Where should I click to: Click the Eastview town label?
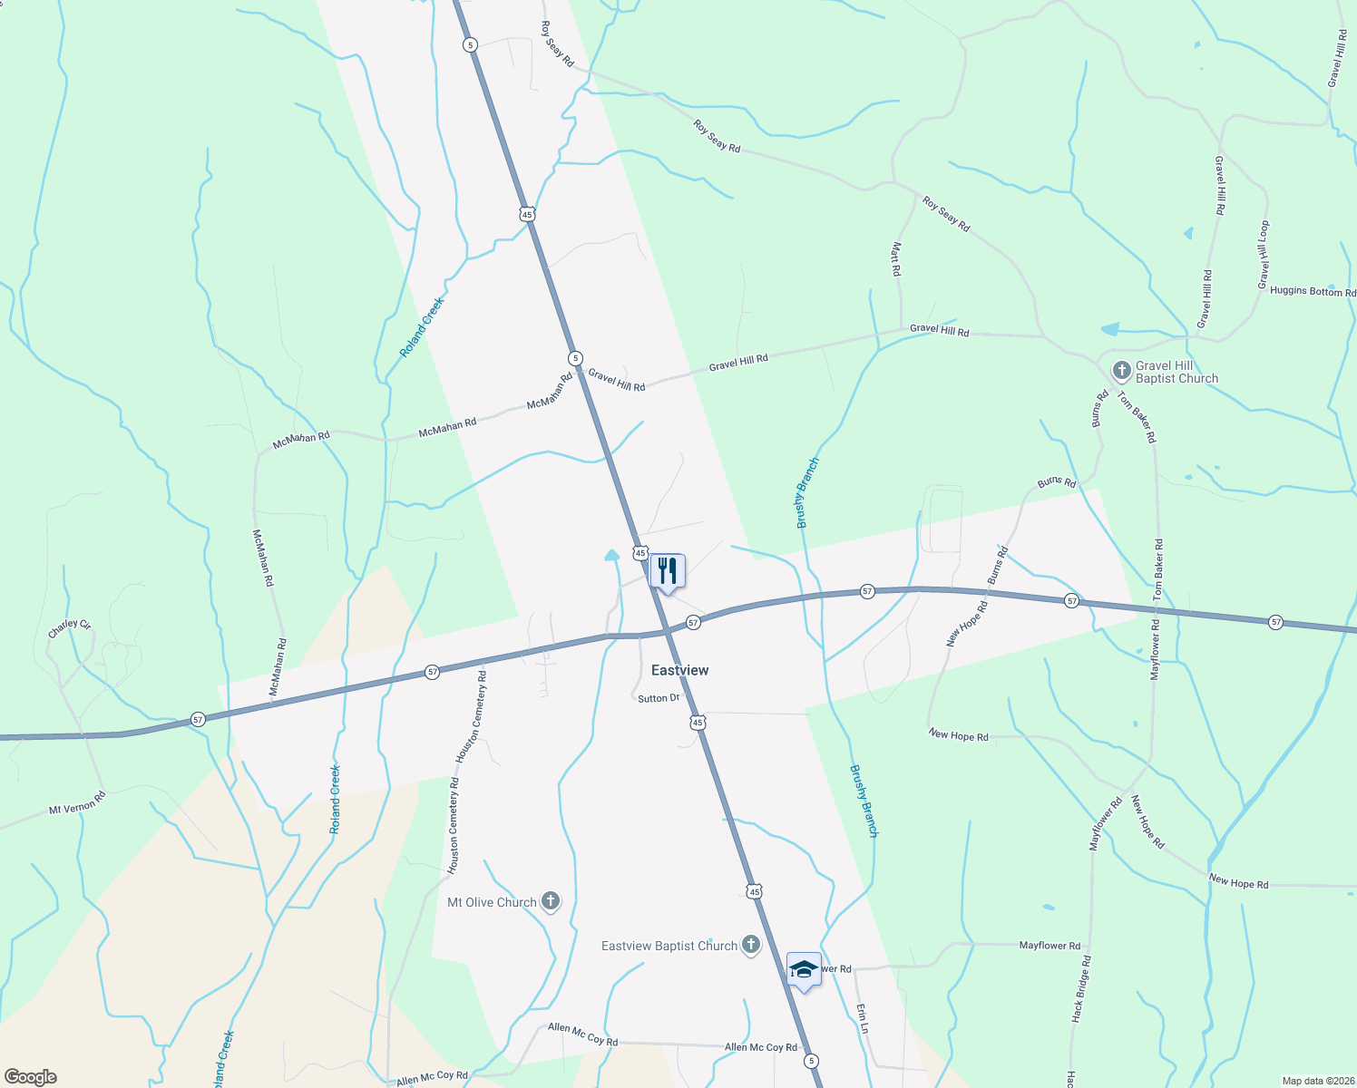coord(679,670)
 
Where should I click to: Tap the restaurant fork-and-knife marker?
coord(667,571)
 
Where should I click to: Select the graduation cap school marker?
coord(804,969)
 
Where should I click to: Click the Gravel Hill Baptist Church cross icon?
coord(1122,370)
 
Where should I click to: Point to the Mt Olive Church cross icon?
coord(550,901)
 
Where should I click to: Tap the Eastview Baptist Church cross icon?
coord(750,945)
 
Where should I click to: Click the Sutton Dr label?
coord(659,698)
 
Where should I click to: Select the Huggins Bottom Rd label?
coord(1313,291)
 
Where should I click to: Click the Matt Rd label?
coord(896,259)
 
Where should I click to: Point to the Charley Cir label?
coord(70,628)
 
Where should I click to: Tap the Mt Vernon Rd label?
coord(77,802)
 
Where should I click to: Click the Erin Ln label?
coord(863,1018)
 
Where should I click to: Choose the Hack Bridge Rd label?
coord(1080,988)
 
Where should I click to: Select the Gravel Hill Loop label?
coord(1263,256)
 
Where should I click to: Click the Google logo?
coord(30,1076)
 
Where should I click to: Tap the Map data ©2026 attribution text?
coord(1318,1081)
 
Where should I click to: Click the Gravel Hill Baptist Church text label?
coord(1176,372)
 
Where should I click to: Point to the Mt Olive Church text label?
coord(492,902)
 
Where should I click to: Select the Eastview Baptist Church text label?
coord(669,946)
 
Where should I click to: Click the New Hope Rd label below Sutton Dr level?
coord(958,735)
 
